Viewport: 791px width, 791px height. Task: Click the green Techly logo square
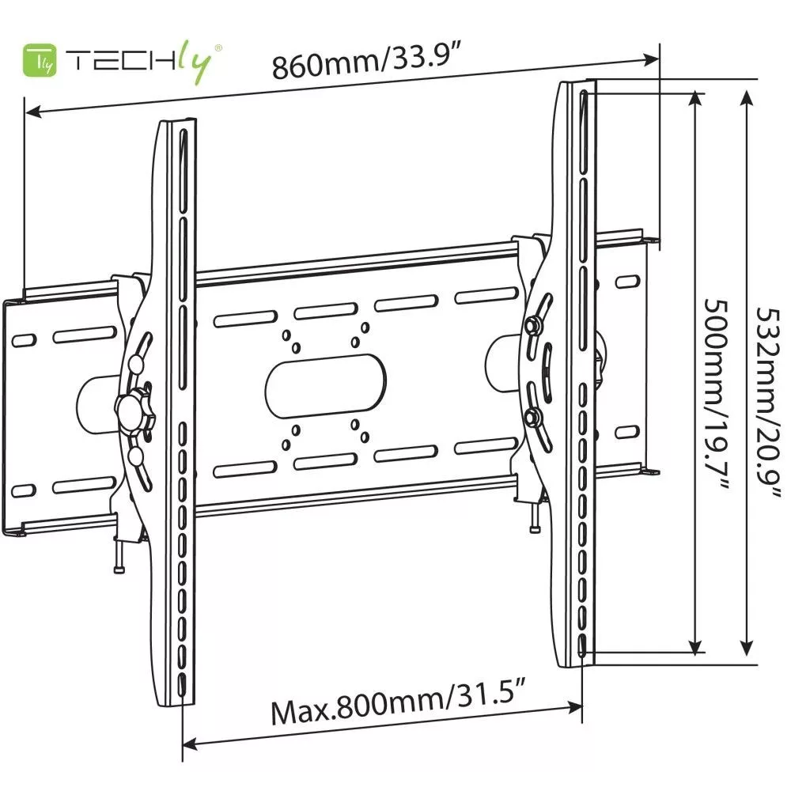pos(40,61)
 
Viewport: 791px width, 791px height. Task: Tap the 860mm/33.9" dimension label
pos(367,61)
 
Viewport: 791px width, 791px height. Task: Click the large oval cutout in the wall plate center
pos(325,386)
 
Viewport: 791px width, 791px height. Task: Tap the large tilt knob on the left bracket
pos(134,411)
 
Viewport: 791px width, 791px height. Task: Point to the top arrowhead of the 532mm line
pos(747,97)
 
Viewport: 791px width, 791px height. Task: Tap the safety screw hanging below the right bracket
pos(534,517)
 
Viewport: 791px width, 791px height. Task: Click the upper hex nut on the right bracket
pos(531,326)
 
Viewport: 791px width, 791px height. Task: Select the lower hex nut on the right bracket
pos(531,418)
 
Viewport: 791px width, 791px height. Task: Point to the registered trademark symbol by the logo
pos(218,48)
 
